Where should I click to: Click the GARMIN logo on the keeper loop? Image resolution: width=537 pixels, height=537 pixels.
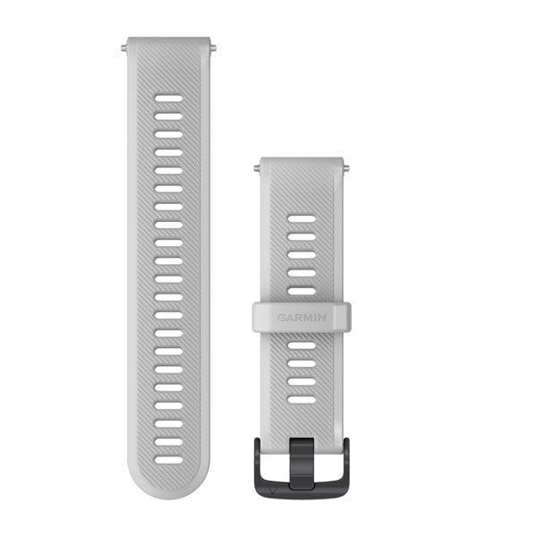click(302, 317)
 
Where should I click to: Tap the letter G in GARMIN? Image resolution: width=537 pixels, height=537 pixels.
click(280, 317)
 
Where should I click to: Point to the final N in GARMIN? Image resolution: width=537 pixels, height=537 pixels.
click(323, 317)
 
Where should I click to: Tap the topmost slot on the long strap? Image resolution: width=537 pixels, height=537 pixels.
click(168, 98)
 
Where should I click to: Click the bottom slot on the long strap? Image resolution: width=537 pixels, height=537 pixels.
click(168, 459)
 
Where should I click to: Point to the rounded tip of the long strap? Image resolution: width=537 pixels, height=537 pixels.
click(168, 488)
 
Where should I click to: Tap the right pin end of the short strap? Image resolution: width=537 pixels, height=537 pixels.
click(345, 166)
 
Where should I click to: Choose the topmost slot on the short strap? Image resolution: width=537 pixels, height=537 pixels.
click(302, 218)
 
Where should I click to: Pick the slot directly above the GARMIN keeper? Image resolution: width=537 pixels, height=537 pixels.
click(302, 291)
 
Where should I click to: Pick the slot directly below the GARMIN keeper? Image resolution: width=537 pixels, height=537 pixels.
click(302, 345)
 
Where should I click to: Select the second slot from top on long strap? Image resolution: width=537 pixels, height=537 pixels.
click(168, 116)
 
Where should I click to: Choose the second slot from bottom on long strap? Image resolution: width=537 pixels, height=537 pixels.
click(168, 441)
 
